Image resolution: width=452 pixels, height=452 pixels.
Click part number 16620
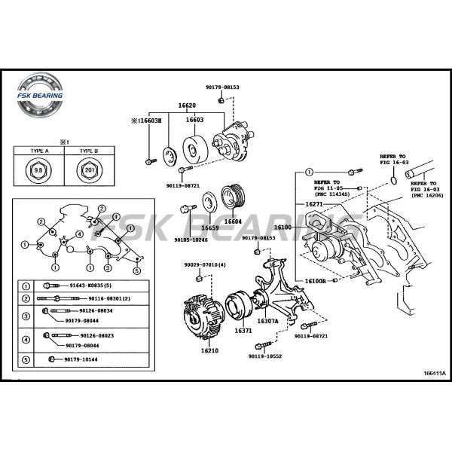click(187, 105)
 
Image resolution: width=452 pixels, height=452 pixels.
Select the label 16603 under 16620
click(194, 120)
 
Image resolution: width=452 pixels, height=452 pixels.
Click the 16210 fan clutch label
click(210, 350)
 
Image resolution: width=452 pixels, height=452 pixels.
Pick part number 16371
click(243, 330)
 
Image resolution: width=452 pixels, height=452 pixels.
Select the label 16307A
click(267, 321)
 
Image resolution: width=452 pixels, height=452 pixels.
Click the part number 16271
click(314, 204)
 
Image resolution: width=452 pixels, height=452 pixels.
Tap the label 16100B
click(316, 281)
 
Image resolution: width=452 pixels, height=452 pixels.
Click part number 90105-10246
click(190, 240)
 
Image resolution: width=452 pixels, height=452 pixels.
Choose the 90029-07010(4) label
click(204, 265)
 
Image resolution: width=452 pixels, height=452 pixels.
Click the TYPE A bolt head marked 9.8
click(38, 169)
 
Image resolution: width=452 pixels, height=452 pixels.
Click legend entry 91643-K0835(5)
click(90, 286)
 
